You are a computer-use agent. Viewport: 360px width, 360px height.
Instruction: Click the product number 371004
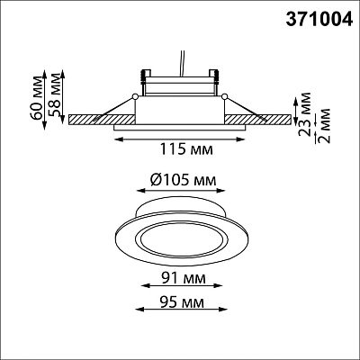tap(319, 20)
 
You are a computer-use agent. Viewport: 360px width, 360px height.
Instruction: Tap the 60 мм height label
tap(37, 99)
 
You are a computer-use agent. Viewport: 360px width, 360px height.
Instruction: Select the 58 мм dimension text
tap(56, 95)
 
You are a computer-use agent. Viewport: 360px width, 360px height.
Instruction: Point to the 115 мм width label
tap(186, 149)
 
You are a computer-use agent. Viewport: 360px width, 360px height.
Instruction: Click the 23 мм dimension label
tap(306, 114)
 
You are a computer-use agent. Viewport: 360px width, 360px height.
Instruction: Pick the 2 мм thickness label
tap(324, 126)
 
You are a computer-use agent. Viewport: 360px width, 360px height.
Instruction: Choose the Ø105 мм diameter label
tap(182, 180)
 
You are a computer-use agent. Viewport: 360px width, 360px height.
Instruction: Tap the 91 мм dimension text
tap(184, 278)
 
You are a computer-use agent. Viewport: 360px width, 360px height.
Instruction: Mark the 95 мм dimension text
tap(182, 302)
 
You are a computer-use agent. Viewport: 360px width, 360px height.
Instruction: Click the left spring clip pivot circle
tap(135, 96)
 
